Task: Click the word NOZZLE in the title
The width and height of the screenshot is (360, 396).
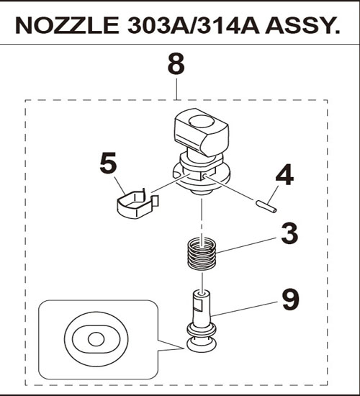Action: (x=67, y=25)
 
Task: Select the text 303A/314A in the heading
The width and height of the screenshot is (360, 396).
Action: (x=194, y=25)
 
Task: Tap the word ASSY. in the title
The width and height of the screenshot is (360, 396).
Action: (x=302, y=25)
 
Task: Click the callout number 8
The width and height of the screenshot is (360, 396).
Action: (x=176, y=63)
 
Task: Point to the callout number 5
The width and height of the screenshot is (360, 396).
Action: (x=109, y=163)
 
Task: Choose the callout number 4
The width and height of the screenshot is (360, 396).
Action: (x=284, y=174)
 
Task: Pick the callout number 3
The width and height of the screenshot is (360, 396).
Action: (x=289, y=233)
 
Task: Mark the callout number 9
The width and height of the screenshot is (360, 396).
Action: (x=291, y=300)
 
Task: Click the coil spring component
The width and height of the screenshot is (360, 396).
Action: (x=202, y=254)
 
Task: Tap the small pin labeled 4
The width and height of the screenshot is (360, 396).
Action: (x=266, y=207)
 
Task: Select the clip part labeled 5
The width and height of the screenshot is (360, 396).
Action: (x=138, y=204)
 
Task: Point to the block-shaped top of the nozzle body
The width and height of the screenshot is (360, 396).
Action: (x=202, y=132)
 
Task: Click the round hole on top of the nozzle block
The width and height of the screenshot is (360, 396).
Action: (x=202, y=121)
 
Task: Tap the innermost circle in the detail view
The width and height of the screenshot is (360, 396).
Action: (x=96, y=339)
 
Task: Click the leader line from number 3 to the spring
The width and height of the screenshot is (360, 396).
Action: (x=248, y=245)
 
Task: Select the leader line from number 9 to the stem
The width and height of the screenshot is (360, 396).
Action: (x=246, y=309)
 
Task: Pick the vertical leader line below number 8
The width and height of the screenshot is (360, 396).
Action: (x=176, y=89)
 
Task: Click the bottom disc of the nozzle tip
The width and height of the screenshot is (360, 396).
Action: (x=201, y=345)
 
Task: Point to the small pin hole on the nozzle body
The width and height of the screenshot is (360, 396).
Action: (x=204, y=176)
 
